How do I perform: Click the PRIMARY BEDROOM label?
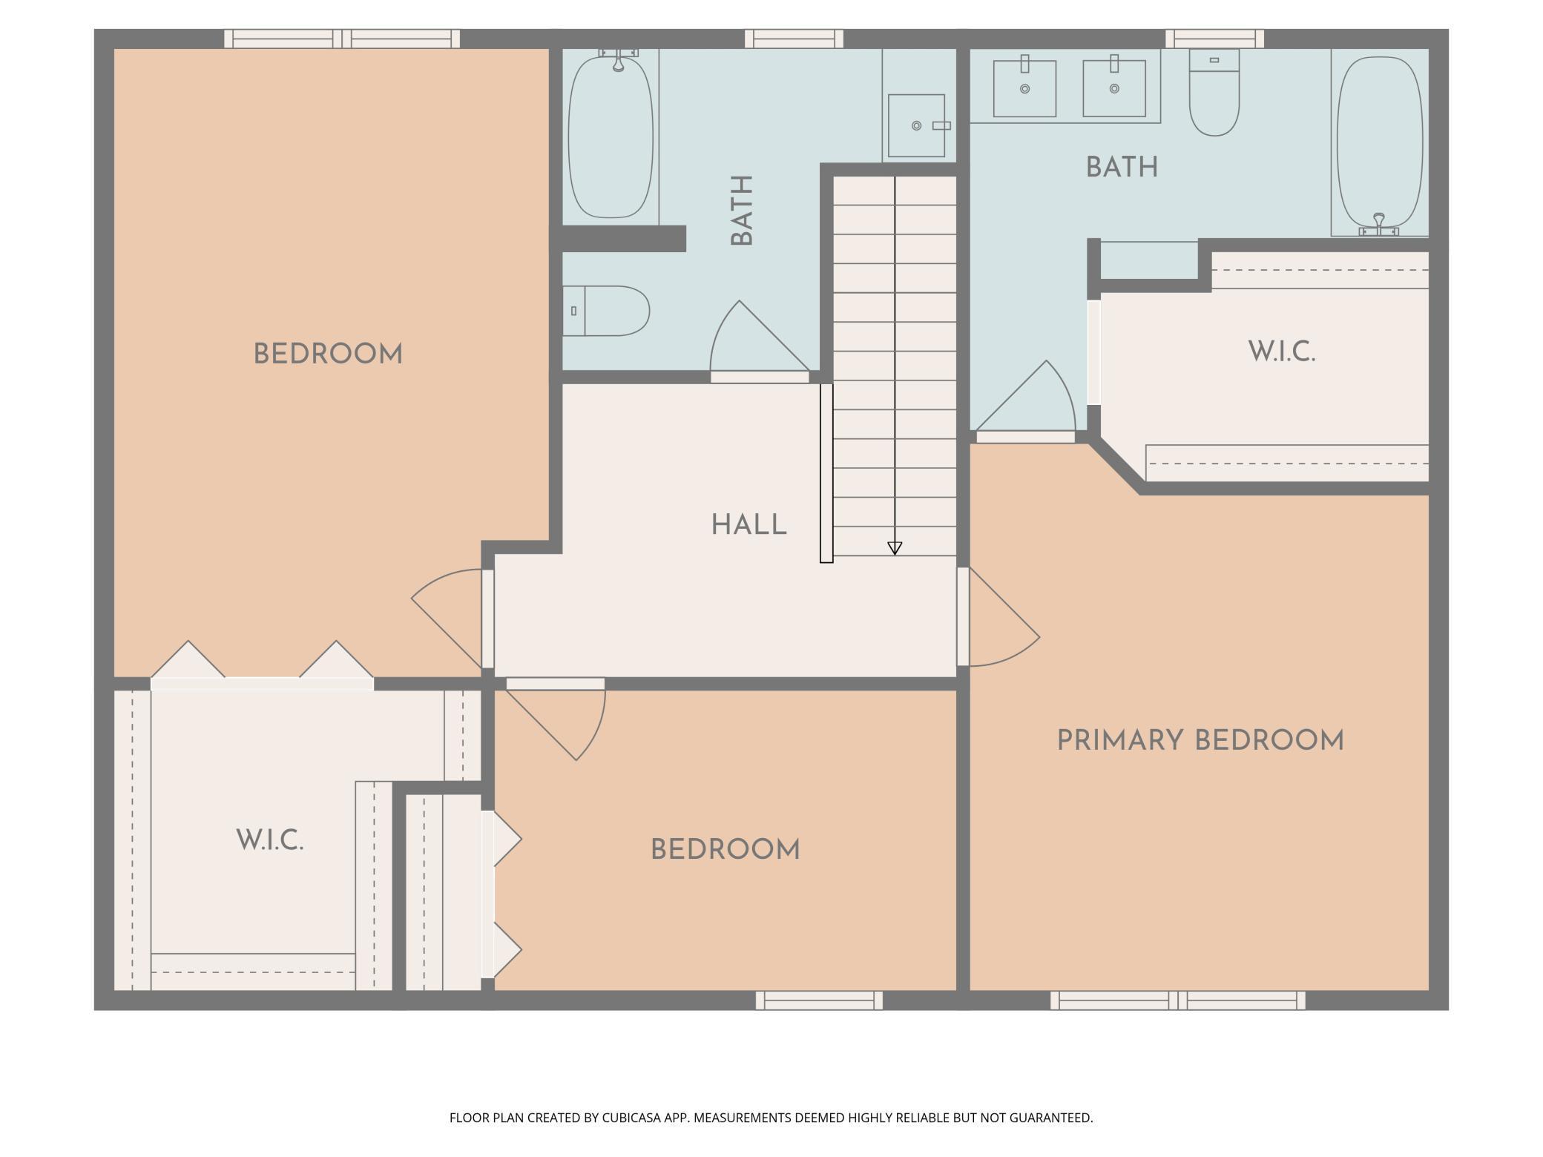[1200, 741]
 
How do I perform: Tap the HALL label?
[749, 525]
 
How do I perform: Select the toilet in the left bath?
[606, 311]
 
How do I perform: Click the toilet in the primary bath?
[1214, 92]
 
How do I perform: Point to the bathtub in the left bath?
[611, 136]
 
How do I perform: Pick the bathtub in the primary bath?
[1380, 145]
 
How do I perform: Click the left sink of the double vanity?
[1024, 87]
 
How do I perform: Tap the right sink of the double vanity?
[1114, 87]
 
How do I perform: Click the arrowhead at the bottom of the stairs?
[895, 548]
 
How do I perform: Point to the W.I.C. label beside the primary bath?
[1282, 352]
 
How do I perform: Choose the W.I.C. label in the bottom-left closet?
[270, 840]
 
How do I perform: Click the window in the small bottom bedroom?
[820, 1001]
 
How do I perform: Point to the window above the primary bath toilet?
[1214, 39]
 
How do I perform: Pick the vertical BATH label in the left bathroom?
[742, 211]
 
